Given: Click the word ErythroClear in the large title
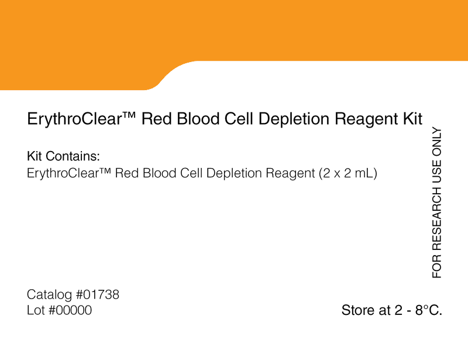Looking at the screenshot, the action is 75,119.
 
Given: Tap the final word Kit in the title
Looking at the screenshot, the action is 413,118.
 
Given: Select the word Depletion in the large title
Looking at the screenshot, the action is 294,119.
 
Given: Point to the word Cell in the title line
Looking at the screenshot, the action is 239,118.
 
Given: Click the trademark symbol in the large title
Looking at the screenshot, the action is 129,115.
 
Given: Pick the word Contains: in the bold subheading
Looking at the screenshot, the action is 73,156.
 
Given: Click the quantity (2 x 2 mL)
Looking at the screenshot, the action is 348,173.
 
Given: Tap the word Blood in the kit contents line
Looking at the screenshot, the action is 160,173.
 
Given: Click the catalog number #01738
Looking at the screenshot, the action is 98,294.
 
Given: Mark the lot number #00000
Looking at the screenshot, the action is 70,310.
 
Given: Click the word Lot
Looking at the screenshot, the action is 36,310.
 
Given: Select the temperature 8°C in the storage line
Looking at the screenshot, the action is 429,310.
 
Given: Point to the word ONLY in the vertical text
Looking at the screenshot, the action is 436,142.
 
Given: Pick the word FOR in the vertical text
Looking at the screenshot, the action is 436,266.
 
